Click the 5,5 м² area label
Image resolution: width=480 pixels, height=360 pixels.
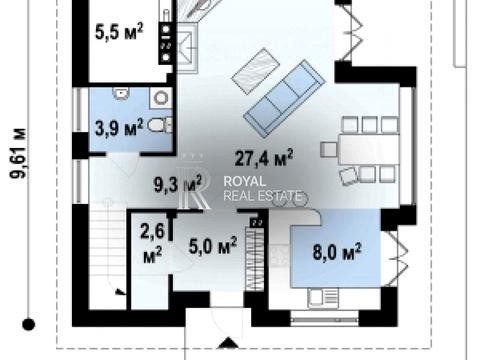click(119, 32)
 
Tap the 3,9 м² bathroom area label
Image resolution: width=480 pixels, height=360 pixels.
click(119, 128)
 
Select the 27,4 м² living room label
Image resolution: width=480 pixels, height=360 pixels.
click(264, 158)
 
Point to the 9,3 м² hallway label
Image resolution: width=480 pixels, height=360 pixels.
click(178, 184)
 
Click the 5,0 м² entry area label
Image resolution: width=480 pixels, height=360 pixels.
click(213, 246)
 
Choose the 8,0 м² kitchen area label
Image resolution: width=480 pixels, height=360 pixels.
click(337, 252)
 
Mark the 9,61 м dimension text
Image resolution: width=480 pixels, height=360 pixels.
click(18, 153)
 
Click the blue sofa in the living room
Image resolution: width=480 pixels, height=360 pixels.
click(284, 99)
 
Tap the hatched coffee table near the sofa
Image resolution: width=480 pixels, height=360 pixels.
click(256, 70)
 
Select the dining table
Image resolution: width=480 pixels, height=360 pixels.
click(368, 149)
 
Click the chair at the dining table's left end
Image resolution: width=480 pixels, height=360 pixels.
click(328, 149)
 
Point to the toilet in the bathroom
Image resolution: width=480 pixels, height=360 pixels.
click(159, 125)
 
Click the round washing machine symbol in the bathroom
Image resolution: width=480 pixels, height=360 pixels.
click(161, 98)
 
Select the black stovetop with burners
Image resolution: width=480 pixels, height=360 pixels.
click(166, 43)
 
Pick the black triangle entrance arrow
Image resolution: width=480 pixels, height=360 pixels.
click(228, 343)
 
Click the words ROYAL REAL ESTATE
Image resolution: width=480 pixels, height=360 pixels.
click(263, 188)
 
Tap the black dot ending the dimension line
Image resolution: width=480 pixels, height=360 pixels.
click(28, 324)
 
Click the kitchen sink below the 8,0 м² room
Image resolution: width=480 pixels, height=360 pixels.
click(323, 298)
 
